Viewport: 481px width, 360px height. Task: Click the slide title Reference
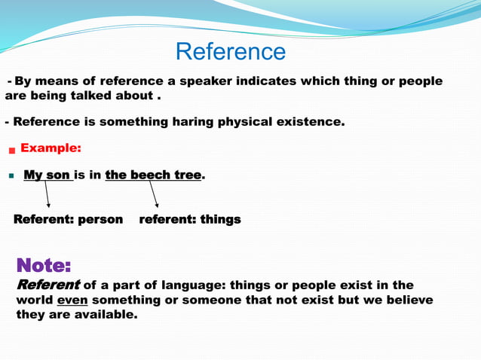point(231,51)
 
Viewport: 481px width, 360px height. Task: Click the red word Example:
point(51,148)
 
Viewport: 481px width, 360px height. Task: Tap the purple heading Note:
point(44,265)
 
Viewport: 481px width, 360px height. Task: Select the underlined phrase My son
point(47,175)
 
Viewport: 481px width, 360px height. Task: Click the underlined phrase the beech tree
point(153,175)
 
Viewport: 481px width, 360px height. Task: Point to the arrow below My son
point(47,194)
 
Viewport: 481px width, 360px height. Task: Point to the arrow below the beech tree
point(154,194)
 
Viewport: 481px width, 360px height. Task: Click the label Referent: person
point(68,219)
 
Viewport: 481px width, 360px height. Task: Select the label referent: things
point(190,219)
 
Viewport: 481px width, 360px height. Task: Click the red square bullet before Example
point(11,150)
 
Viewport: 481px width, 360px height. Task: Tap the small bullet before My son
point(11,175)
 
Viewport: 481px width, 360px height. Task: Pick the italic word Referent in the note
point(47,285)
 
